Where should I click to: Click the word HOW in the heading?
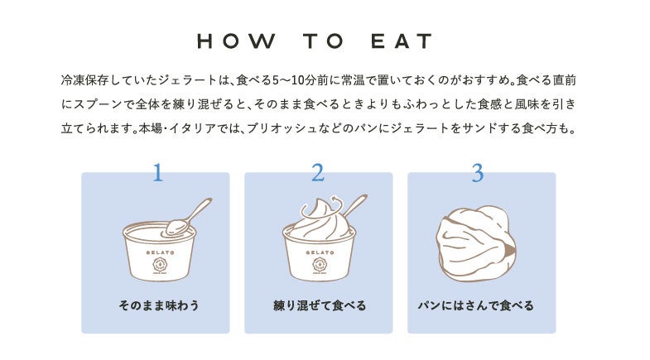coord(236,41)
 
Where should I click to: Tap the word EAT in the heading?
coord(402,41)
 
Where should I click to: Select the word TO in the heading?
coord(323,41)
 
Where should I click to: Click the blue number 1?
coord(157,173)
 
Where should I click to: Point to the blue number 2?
coord(318,173)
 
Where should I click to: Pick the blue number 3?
coord(478,173)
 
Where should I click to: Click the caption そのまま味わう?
coord(159,305)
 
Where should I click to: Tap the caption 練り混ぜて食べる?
coord(320,305)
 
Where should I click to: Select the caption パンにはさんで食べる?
coord(475,305)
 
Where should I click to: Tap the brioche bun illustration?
coord(476,243)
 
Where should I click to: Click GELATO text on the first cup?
coord(160,252)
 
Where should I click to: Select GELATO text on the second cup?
coord(320,252)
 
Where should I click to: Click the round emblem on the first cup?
coord(160,264)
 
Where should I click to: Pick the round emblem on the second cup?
coord(320,264)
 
